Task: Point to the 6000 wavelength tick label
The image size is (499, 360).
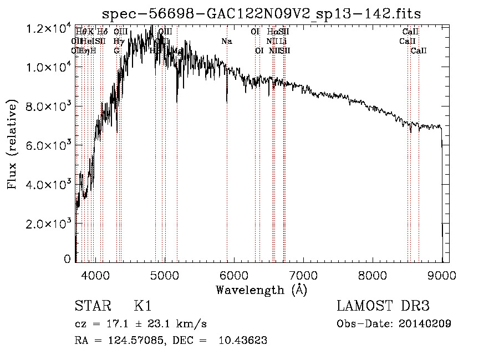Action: [x=234, y=275]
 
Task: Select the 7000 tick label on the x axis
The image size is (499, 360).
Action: [x=303, y=275]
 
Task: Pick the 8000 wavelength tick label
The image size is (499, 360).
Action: [x=373, y=275]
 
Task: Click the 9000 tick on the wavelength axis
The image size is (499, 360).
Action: [x=442, y=275]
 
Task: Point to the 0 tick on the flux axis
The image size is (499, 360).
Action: [x=68, y=259]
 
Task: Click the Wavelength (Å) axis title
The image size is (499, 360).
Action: [x=261, y=290]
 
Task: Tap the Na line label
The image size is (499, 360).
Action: [x=226, y=42]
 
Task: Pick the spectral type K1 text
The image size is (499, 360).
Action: [x=142, y=306]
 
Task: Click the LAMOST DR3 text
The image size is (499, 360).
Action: [x=383, y=306]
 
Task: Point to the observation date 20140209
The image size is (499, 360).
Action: [x=424, y=323]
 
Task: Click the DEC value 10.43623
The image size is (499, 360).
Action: [x=241, y=341]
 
